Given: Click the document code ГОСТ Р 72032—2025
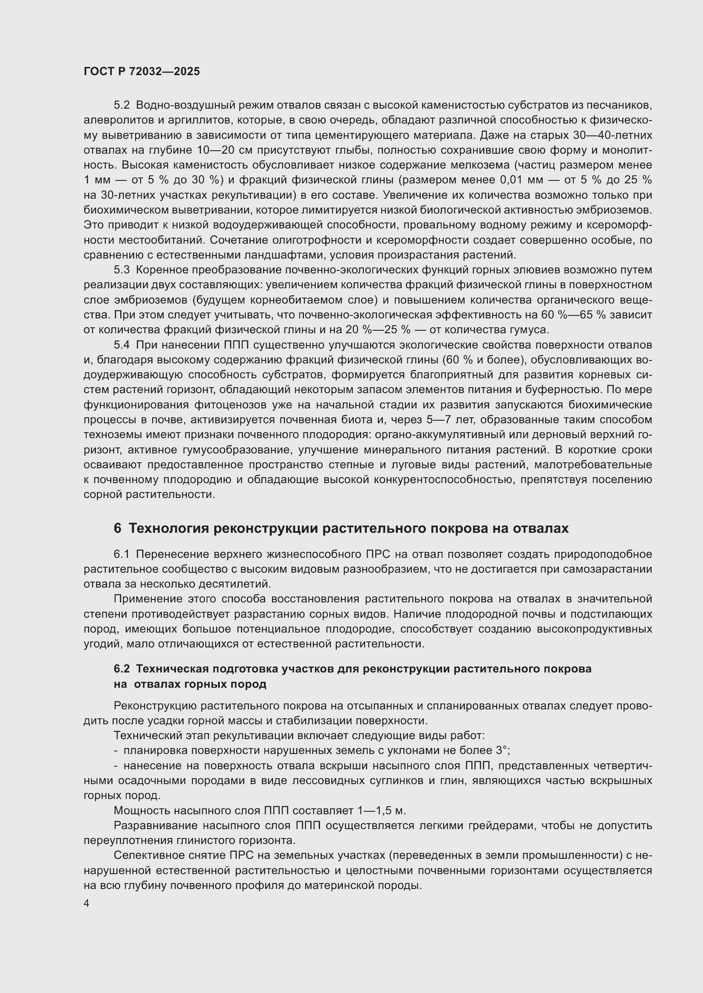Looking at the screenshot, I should (142, 72).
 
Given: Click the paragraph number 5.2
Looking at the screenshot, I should (122, 105).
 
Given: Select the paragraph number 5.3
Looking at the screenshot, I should (122, 270).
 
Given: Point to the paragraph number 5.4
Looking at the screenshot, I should (122, 345).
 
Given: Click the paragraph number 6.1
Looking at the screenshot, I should (122, 554).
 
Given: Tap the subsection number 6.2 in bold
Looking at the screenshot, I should (122, 669).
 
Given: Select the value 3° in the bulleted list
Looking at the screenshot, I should (502, 750).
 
